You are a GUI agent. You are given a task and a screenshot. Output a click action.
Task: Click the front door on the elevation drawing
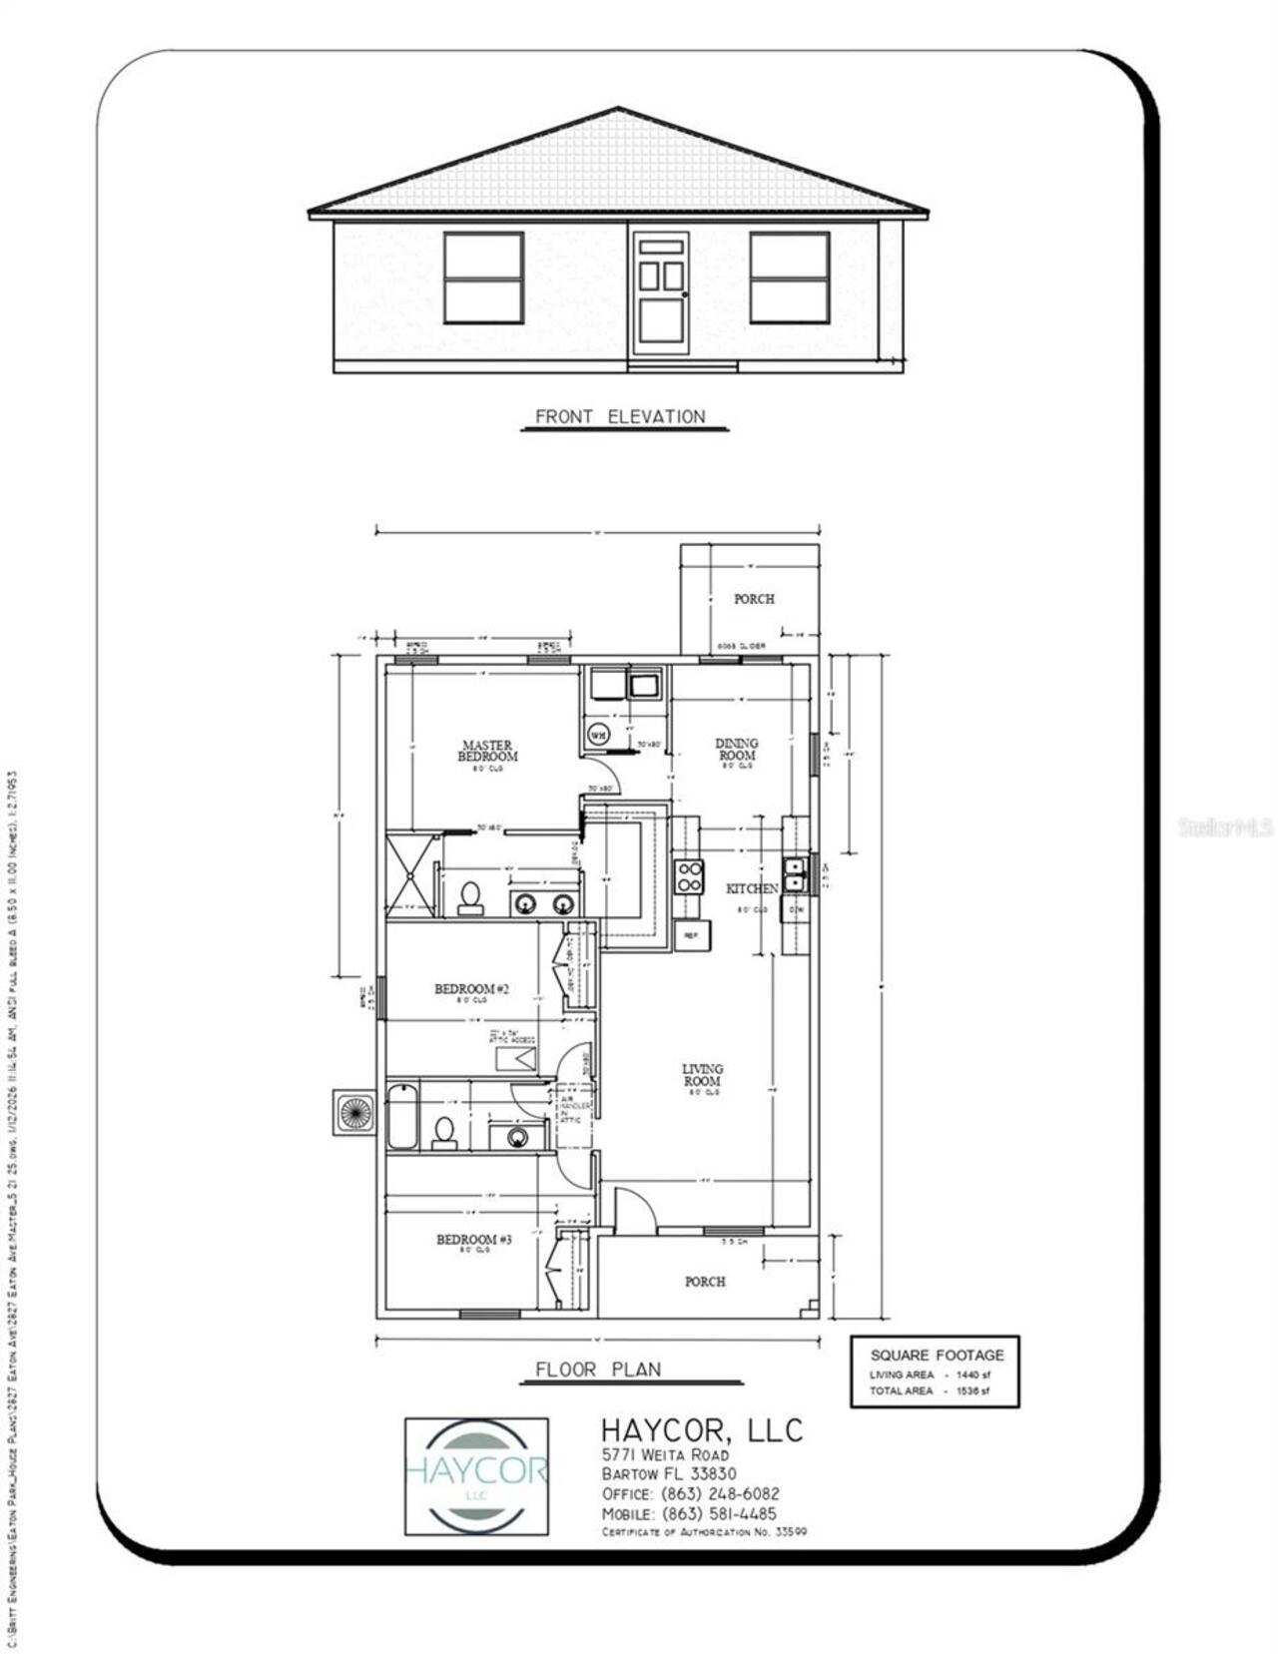[660, 293]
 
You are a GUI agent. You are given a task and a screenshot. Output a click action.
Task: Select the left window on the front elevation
[483, 277]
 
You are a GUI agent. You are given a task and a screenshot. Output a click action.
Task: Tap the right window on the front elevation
[789, 277]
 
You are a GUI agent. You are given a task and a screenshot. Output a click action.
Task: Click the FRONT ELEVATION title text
[620, 417]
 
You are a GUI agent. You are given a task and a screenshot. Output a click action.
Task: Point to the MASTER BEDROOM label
[487, 751]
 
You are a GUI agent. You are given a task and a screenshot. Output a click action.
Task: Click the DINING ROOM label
[737, 749]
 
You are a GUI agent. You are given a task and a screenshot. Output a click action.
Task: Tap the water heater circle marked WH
[598, 735]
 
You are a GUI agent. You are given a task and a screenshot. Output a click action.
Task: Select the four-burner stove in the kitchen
[689, 875]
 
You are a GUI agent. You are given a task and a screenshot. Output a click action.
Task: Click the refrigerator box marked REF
[691, 936]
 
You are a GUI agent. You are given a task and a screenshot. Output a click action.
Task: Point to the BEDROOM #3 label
[473, 1240]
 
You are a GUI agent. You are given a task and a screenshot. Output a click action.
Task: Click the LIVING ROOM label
[702, 1075]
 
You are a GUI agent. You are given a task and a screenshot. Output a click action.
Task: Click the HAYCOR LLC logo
[476, 1475]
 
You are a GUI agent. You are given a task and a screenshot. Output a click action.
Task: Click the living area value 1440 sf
[972, 1375]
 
